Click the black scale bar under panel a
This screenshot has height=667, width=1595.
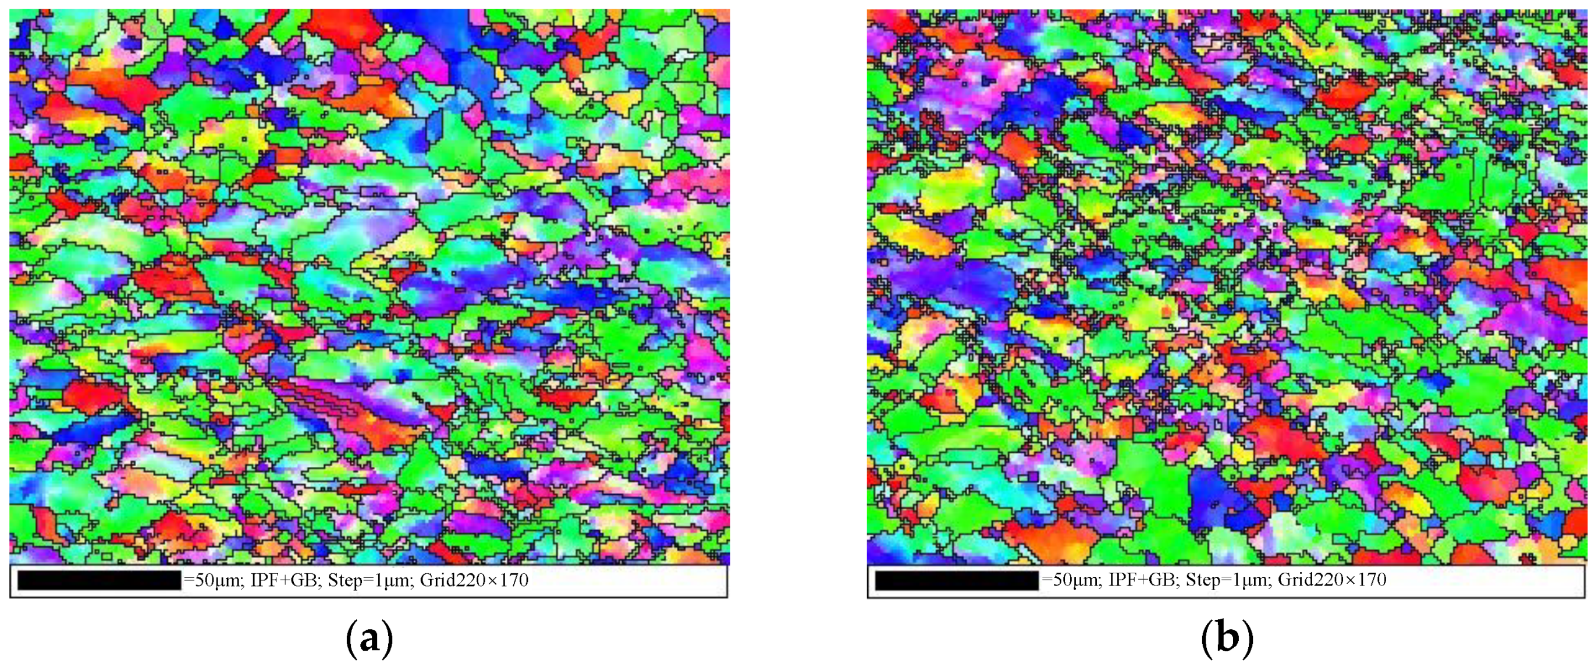coord(99,580)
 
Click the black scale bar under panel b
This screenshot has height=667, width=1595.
coord(957,580)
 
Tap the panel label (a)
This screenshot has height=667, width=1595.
coord(369,638)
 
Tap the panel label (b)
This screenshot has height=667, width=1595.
coord(1227,638)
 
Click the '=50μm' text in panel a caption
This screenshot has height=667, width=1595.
coord(209,580)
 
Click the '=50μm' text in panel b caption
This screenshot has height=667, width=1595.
coord(1067,580)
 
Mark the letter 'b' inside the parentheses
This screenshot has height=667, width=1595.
coord(1227,638)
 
